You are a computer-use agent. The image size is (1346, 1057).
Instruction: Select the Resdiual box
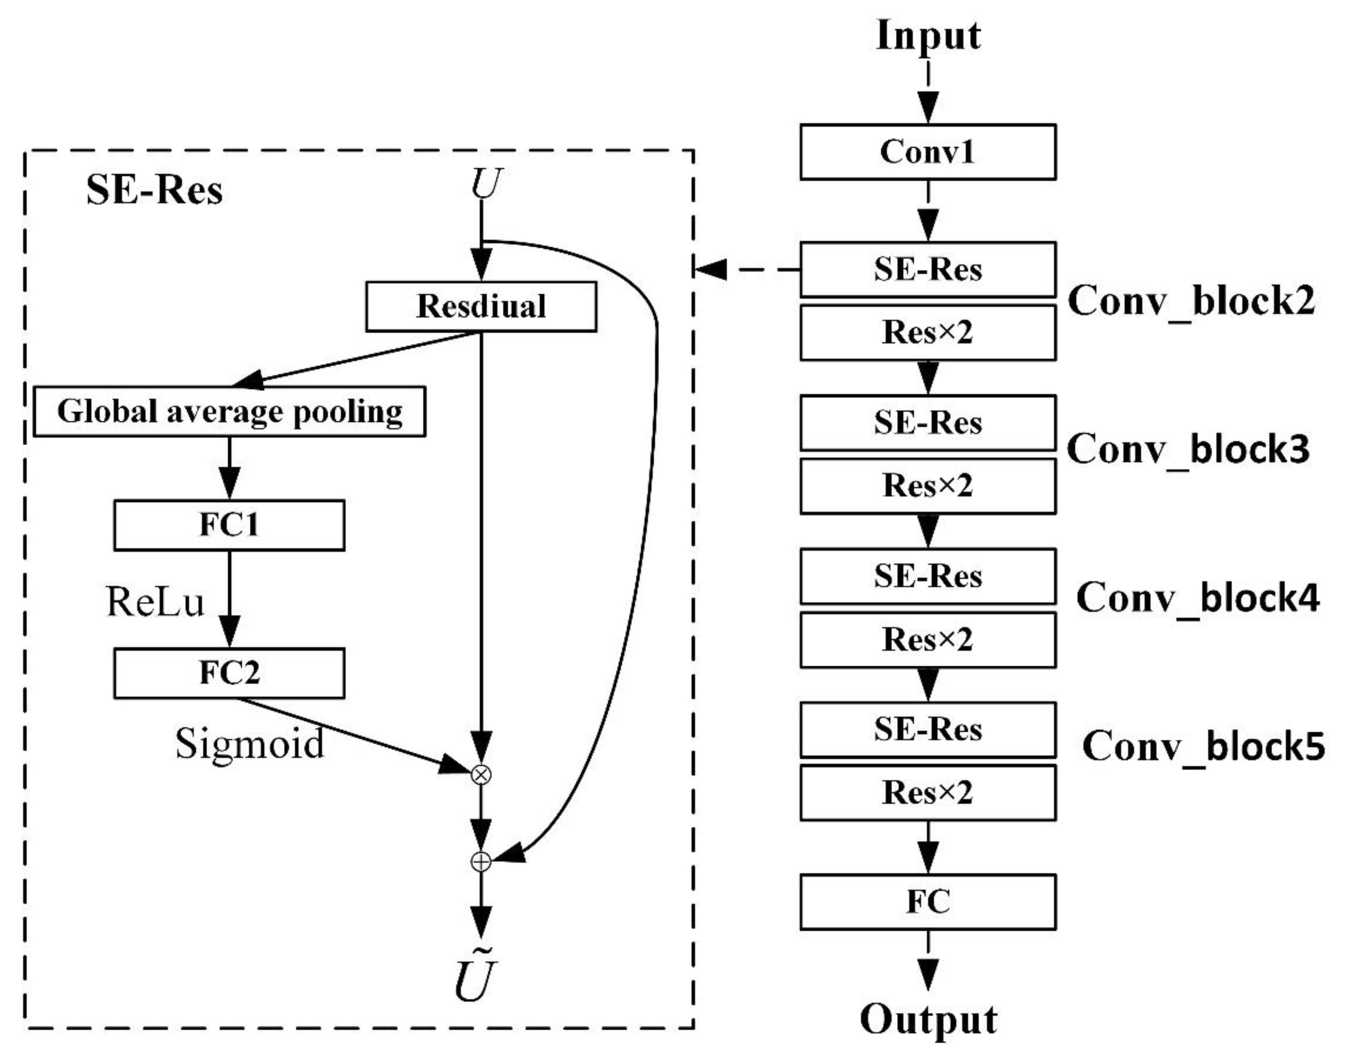tap(481, 306)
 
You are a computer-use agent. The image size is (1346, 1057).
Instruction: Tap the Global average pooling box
tap(229, 412)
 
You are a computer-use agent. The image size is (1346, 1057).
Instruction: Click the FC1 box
tap(229, 525)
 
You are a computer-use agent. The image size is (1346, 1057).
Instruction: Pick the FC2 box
tap(229, 673)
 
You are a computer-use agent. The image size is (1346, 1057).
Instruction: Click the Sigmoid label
tap(249, 743)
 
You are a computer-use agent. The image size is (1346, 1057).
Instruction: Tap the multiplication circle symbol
tap(481, 774)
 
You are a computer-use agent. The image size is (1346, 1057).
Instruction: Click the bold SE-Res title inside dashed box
tap(154, 189)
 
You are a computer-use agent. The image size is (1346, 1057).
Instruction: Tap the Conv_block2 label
tap(1191, 301)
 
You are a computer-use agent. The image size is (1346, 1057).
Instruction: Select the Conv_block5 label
tap(1204, 746)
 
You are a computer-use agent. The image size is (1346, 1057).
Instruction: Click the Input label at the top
tap(928, 36)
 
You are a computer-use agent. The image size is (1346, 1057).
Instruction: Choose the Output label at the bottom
tap(928, 1019)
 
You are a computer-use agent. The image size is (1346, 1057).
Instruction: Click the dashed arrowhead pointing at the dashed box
tap(710, 269)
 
